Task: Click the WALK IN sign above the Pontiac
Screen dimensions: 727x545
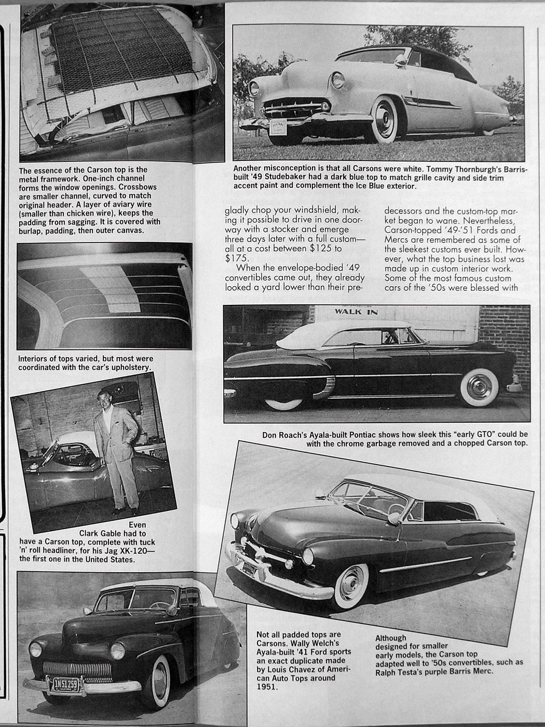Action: (356, 312)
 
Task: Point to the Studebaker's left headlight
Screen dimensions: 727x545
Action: (337, 80)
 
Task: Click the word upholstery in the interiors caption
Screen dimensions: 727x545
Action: (132, 367)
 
